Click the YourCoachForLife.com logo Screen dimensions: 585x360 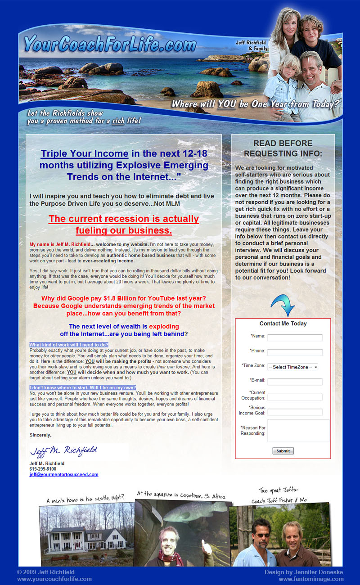pyautogui.click(x=110, y=44)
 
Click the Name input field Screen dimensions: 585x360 pyautogui.click(x=295, y=337)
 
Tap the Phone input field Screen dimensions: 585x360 pyautogui.click(x=295, y=352)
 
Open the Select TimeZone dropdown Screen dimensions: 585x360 pyautogui.click(x=292, y=367)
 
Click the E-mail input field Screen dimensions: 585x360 pyautogui.click(x=295, y=382)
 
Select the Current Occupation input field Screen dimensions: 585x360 pyautogui.click(x=295, y=397)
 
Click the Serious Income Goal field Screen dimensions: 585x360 pyautogui.click(x=295, y=412)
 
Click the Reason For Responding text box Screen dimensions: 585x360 pyautogui.click(x=298, y=430)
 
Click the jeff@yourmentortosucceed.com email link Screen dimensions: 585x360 pyautogui.click(x=64, y=474)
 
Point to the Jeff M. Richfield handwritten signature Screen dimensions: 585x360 pyautogui.click(x=63, y=450)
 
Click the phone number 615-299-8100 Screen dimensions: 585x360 pyautogui.click(x=43, y=469)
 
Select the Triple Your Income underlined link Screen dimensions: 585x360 pyautogui.click(x=85, y=154)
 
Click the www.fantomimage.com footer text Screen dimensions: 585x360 pyautogui.click(x=311, y=579)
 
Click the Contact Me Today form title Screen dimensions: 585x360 pyautogui.click(x=283, y=324)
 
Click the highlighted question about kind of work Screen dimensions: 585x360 pyautogui.click(x=69, y=345)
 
